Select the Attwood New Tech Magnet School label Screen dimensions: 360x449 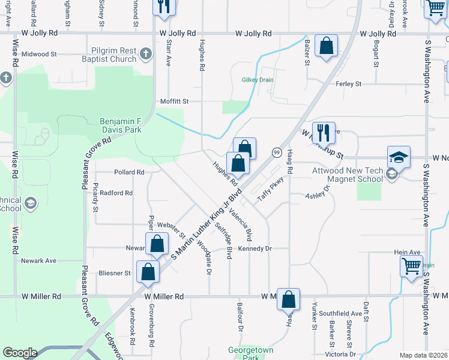[x=348, y=175]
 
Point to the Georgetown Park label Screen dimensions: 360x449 [x=251, y=353]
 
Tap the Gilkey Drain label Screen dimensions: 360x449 [x=258, y=80]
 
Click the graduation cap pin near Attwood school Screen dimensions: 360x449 [x=399, y=158]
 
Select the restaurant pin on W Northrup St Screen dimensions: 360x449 [x=324, y=133]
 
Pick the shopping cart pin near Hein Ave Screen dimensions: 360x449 [x=411, y=265]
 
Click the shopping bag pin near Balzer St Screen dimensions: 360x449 [x=326, y=46]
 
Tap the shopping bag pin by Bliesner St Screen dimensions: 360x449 [x=148, y=272]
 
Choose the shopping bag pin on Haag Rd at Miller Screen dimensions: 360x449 [x=288, y=299]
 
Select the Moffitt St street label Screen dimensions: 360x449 [x=174, y=101]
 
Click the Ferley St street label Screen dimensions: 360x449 [x=349, y=84]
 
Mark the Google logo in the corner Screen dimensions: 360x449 [x=20, y=353]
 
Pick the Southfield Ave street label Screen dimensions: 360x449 [x=340, y=313]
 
